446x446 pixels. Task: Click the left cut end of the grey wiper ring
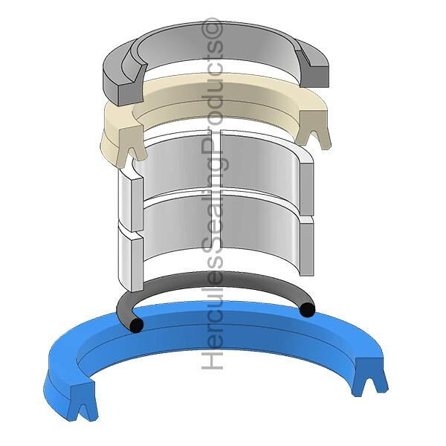coord(131,90)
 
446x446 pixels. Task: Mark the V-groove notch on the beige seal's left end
coord(133,155)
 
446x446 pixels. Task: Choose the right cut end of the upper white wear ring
coord(306,188)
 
